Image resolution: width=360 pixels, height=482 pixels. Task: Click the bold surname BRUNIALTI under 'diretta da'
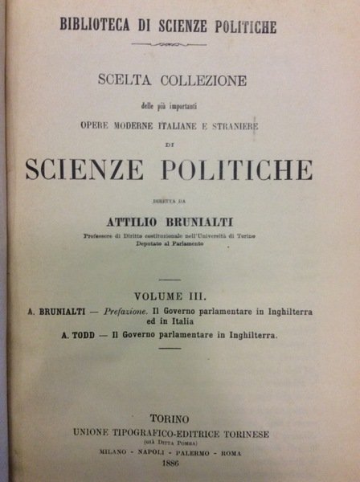coord(208,220)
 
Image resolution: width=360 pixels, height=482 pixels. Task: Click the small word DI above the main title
coord(180,145)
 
